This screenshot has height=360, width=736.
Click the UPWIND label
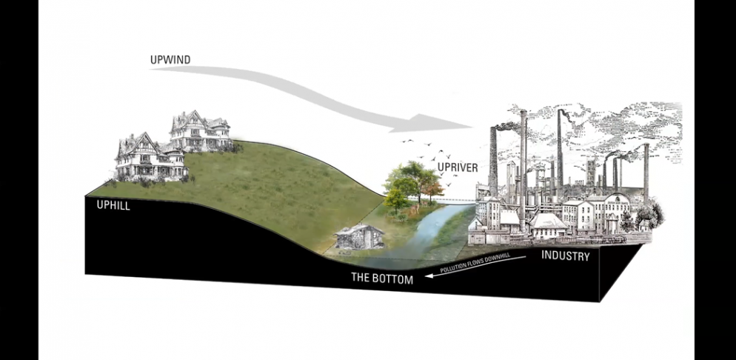pyautogui.click(x=170, y=59)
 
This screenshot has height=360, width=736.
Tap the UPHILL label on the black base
pyautogui.click(x=113, y=205)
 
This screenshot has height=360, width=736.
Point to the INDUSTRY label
pyautogui.click(x=565, y=256)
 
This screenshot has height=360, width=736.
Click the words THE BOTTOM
pyautogui.click(x=381, y=279)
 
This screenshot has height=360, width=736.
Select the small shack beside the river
pyautogui.click(x=359, y=236)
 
